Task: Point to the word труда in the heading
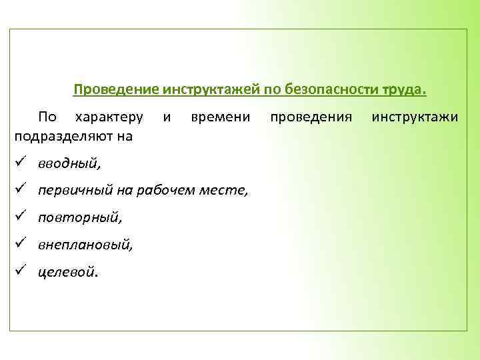(402, 89)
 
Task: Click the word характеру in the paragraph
(109, 117)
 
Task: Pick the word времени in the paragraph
(220, 117)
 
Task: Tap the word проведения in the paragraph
(311, 117)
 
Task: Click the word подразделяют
(65, 136)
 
